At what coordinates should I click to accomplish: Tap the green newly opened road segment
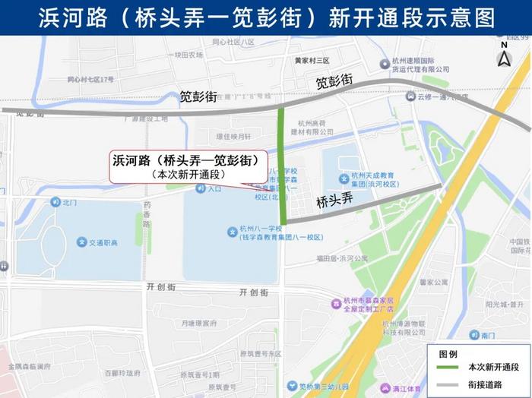[x=282, y=160]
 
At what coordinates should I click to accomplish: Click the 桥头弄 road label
[x=335, y=201]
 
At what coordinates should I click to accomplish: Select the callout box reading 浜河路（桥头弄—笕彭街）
[x=185, y=166]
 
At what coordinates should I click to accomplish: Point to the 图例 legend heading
[x=448, y=354]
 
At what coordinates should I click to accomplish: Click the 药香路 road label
[x=147, y=215]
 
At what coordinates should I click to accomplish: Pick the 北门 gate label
[x=69, y=202]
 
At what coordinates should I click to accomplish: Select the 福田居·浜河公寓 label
[x=342, y=257]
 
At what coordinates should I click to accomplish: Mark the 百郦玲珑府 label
[x=122, y=373]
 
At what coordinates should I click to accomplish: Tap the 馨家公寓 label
[x=432, y=282]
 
